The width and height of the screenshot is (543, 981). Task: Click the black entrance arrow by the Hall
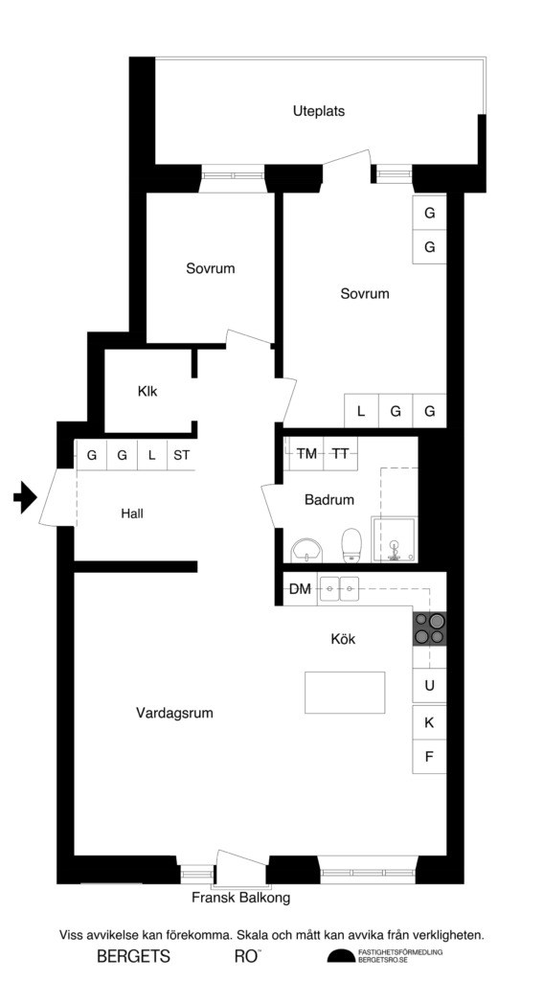click(24, 497)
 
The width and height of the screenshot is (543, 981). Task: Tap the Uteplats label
click(319, 111)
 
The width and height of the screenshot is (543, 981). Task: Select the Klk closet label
click(147, 391)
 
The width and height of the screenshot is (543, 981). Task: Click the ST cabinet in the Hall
click(181, 455)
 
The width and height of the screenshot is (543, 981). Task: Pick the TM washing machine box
click(306, 453)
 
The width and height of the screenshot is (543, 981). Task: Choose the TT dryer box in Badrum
click(340, 453)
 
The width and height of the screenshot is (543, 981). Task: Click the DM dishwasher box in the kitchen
click(300, 589)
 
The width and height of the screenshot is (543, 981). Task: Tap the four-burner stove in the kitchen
click(429, 627)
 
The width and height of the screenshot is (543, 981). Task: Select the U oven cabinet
click(429, 685)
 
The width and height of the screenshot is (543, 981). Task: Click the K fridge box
click(429, 722)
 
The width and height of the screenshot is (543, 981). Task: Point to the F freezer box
click(429, 757)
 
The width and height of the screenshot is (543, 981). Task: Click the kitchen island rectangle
click(345, 693)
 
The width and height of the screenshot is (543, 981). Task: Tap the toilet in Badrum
click(351, 544)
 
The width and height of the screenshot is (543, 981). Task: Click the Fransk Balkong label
click(240, 899)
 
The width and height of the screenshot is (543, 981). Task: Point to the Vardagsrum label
click(174, 713)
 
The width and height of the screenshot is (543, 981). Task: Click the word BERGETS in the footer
click(133, 956)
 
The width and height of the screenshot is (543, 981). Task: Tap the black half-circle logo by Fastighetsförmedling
click(340, 957)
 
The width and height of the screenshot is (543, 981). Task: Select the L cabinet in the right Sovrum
click(361, 412)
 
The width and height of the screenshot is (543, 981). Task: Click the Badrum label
click(329, 499)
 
